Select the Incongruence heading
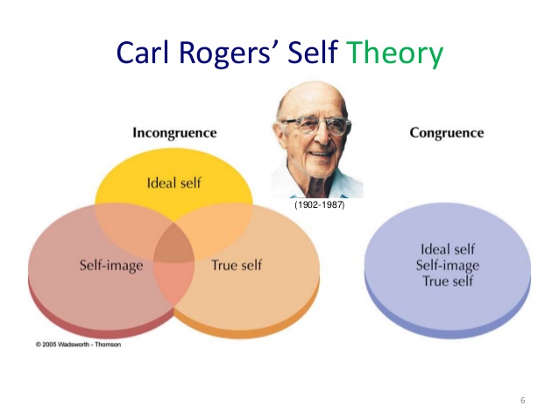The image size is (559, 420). (x=174, y=133)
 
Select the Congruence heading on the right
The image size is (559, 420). (x=447, y=133)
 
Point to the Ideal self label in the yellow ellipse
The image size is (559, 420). (x=174, y=183)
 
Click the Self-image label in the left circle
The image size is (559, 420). (x=111, y=266)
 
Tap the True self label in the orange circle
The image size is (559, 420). (x=237, y=265)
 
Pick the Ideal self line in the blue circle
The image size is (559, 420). (x=448, y=249)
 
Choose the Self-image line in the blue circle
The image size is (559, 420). (x=448, y=266)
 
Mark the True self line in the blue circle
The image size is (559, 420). (x=448, y=281)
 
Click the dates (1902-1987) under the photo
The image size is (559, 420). (x=320, y=205)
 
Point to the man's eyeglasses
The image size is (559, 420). (x=315, y=125)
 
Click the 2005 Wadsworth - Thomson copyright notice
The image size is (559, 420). (x=78, y=345)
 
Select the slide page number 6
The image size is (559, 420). (x=522, y=401)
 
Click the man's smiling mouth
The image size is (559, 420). (x=322, y=153)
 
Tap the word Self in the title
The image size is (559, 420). (x=312, y=52)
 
